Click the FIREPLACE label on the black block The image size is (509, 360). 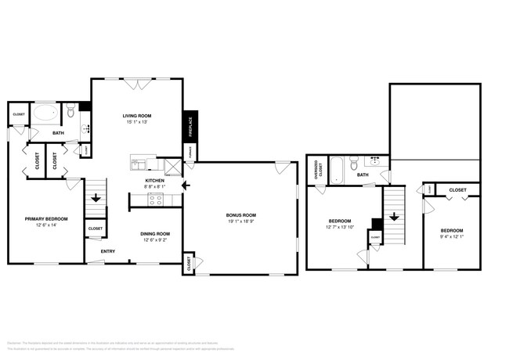tap(189, 125)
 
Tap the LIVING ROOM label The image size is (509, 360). tap(135, 116)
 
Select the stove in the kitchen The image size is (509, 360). tap(156, 199)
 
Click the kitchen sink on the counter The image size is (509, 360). tap(139, 164)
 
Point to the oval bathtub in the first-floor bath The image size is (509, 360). tap(43, 113)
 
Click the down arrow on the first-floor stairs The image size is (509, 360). tap(96, 199)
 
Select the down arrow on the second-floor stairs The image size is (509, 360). tap(394, 216)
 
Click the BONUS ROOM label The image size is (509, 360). tap(242, 215)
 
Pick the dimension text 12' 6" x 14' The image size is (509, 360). tap(46, 225)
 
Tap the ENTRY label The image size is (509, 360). tap(108, 251)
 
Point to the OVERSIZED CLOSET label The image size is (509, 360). tap(316, 171)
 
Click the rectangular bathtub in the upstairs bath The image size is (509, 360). tap(338, 167)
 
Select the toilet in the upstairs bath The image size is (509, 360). tap(355, 165)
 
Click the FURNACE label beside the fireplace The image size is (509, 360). tap(189, 152)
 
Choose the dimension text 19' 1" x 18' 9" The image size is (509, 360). tap(242, 222)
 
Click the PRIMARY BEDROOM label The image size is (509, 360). tap(46, 218)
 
